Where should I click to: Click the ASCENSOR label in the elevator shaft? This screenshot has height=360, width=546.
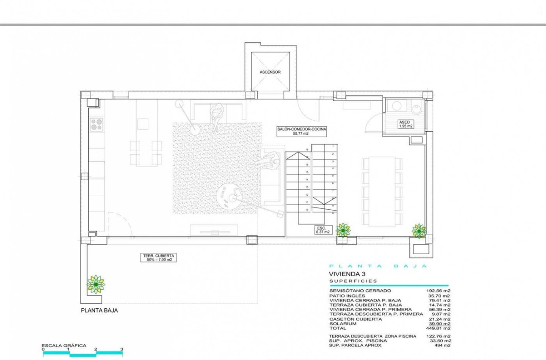click(x=270, y=72)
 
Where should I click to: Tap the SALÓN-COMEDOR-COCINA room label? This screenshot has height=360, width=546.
click(x=301, y=131)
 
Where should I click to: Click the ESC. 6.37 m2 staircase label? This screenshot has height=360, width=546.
click(x=322, y=230)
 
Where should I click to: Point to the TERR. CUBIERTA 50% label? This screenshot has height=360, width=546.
click(x=158, y=258)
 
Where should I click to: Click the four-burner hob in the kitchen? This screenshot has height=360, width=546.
click(x=97, y=124)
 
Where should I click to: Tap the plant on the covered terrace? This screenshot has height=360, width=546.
click(x=96, y=284)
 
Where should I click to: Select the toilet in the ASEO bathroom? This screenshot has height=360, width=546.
click(x=417, y=108)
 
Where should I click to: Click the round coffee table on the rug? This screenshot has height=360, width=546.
click(x=228, y=196)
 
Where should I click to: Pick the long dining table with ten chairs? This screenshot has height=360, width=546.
click(x=382, y=191)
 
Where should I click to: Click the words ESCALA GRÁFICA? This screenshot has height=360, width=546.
click(x=63, y=346)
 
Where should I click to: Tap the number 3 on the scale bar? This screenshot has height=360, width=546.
click(x=122, y=350)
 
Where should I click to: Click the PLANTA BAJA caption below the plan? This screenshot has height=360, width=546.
click(x=99, y=310)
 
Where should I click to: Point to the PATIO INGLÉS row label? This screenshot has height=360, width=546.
click(x=347, y=296)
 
